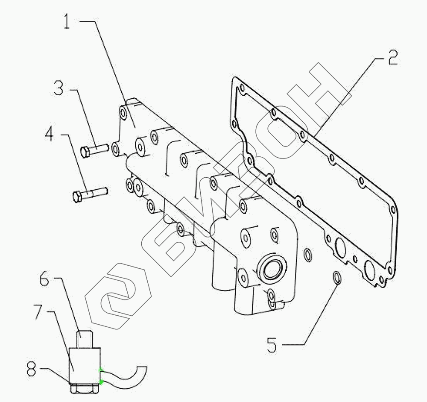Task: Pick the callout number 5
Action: [272, 345]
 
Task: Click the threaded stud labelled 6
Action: [85, 340]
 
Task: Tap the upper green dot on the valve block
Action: [101, 370]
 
